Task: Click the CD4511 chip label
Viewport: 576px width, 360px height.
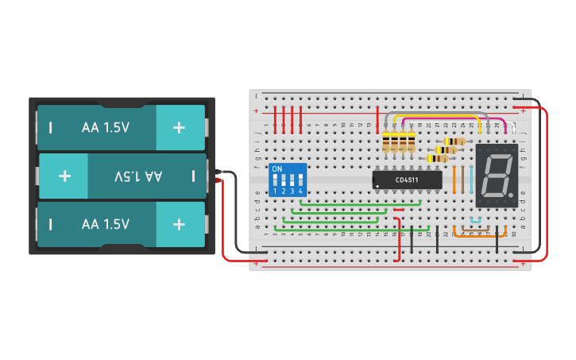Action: tap(408, 180)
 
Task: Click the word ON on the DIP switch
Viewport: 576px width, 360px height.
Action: tap(277, 169)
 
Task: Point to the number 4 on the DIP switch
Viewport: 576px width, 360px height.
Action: tap(300, 192)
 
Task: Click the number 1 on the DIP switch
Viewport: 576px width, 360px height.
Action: tap(275, 192)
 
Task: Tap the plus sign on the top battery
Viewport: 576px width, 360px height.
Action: tap(179, 126)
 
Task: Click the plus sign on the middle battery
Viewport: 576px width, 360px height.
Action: tap(64, 176)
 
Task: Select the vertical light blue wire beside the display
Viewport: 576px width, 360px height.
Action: tap(472, 180)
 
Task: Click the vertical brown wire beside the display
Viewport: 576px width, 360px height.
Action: tap(463, 180)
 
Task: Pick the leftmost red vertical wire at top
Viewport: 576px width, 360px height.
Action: tap(276, 119)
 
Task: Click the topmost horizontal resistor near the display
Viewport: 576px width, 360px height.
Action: tap(453, 141)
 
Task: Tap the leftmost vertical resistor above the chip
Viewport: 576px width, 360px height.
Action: tap(387, 142)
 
